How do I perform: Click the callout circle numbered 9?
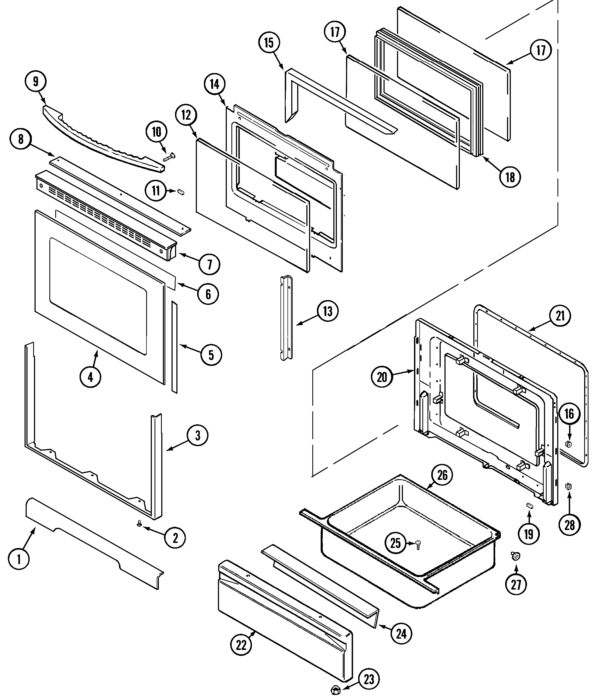tap(35, 82)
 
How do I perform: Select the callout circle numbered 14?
tap(215, 84)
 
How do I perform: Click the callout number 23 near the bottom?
tap(369, 679)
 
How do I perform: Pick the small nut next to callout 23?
tap(335, 690)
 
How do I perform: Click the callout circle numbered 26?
tap(442, 475)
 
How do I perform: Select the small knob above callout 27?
tap(515, 556)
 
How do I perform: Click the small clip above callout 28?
tap(569, 486)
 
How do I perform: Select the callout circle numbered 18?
tap(510, 177)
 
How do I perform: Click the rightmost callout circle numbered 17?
tap(541, 50)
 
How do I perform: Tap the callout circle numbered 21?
tap(560, 316)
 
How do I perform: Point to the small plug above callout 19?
tap(529, 514)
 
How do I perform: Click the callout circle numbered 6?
tap(208, 294)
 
